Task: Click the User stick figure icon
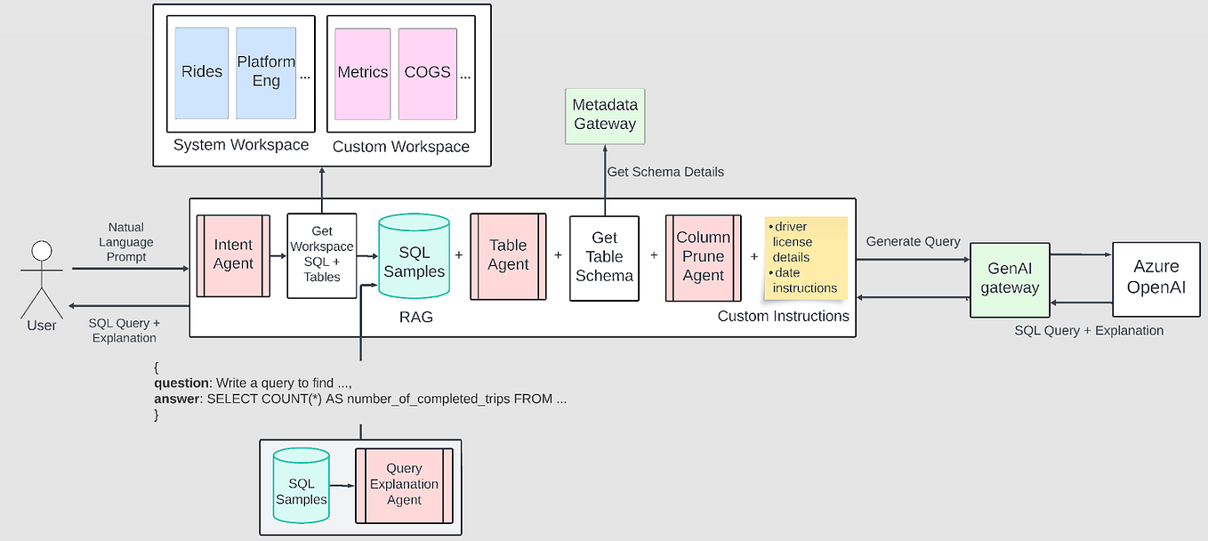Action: coord(41,277)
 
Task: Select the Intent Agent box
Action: coord(233,254)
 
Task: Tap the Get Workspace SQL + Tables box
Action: coord(322,255)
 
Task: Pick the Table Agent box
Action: coord(508,255)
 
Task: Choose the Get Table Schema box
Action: coord(604,257)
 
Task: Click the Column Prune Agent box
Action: coord(703,257)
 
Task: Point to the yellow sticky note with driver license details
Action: coord(805,257)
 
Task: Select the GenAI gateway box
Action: coord(1010,278)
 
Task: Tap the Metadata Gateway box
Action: coord(605,116)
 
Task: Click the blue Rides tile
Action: coord(202,73)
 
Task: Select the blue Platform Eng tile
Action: coord(266,73)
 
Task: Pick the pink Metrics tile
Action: coord(363,73)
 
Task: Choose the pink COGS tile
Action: coord(427,73)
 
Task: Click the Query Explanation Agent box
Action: coord(404,485)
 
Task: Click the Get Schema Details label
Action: coord(664,172)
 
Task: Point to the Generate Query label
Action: coord(913,241)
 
